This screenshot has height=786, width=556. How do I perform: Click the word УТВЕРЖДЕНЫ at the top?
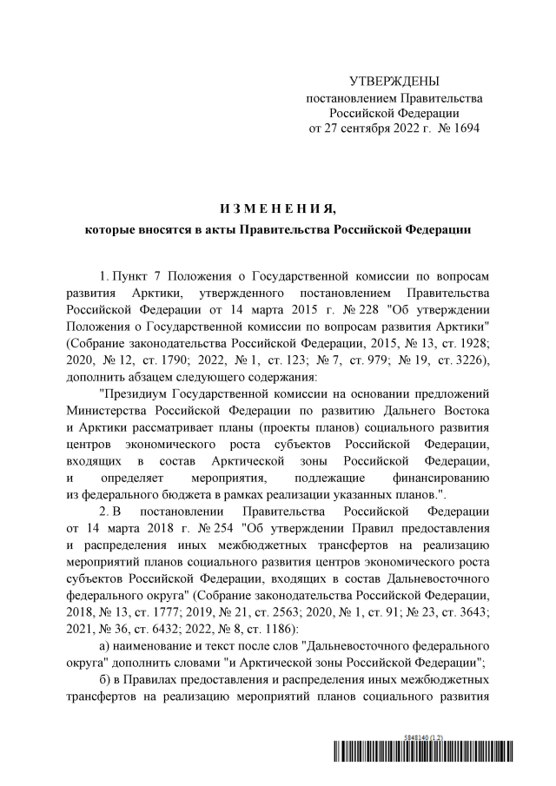pos(393,81)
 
